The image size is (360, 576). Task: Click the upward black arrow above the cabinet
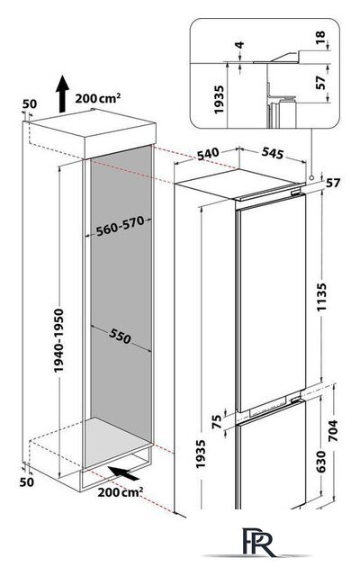[x=62, y=94]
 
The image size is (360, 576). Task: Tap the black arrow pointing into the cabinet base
[x=124, y=472]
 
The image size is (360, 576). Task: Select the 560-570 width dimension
[x=120, y=227]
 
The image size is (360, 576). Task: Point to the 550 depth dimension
[x=120, y=336]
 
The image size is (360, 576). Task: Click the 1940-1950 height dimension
[x=58, y=340]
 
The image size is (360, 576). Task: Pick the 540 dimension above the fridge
[x=208, y=154]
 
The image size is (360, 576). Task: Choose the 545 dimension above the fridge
[x=273, y=153]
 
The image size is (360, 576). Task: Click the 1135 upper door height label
[x=322, y=297]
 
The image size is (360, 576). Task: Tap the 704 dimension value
[x=332, y=430]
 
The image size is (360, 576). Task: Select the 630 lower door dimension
[x=320, y=462]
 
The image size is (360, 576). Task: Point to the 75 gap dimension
[x=217, y=421]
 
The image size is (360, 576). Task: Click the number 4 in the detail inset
[x=239, y=45]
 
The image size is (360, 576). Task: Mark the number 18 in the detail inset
[x=320, y=38]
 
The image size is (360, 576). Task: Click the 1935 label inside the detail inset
[x=219, y=100]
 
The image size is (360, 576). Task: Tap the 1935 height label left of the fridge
[x=201, y=454]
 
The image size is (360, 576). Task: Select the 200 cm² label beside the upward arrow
[x=98, y=98]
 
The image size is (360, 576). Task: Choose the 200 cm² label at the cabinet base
[x=121, y=492]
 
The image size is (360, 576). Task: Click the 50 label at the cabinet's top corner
[x=30, y=104]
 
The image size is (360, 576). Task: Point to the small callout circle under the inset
[x=312, y=177]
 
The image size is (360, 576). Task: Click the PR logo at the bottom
[x=258, y=543]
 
